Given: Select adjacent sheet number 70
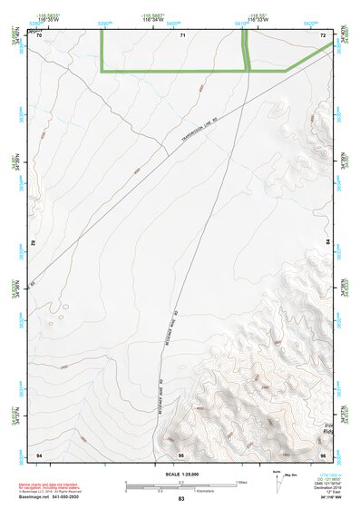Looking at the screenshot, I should coord(39,34).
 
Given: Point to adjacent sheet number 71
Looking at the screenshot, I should coord(182,34).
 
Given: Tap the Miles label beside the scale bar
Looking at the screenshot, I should coord(241,482).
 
